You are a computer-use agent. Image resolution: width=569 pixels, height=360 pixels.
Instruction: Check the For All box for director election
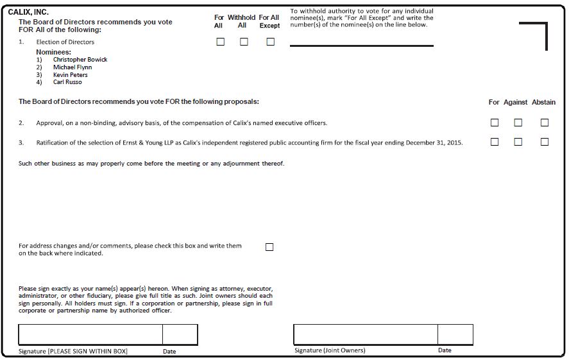pyautogui.click(x=220, y=42)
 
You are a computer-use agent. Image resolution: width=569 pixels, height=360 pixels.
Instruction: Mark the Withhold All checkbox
pyautogui.click(x=244, y=42)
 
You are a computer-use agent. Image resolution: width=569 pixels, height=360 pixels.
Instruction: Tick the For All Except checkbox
pyautogui.click(x=270, y=42)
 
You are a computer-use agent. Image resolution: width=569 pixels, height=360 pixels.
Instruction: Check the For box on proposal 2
pyautogui.click(x=494, y=123)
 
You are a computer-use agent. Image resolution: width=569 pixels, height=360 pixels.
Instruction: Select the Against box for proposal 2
pyautogui.click(x=518, y=123)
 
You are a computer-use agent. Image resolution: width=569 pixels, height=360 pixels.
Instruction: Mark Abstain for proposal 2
pyautogui.click(x=544, y=123)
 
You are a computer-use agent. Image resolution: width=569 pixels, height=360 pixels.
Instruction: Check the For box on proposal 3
pyautogui.click(x=494, y=142)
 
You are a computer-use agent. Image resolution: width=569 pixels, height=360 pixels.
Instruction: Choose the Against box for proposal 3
pyautogui.click(x=518, y=142)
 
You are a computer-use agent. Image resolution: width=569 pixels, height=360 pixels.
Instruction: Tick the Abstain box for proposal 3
pyautogui.click(x=544, y=142)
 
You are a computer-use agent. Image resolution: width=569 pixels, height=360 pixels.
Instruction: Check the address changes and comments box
pyautogui.click(x=269, y=247)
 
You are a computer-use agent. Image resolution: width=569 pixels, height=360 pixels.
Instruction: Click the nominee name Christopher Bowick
pyautogui.click(x=80, y=60)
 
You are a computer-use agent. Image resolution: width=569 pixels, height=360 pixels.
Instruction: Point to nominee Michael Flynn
pyautogui.click(x=72, y=67)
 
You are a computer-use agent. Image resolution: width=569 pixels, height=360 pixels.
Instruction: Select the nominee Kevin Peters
pyautogui.click(x=71, y=75)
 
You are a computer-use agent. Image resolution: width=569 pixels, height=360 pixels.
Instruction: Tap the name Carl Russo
pyautogui.click(x=67, y=82)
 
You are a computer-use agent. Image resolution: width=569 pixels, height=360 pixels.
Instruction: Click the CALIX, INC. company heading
pyautogui.click(x=28, y=12)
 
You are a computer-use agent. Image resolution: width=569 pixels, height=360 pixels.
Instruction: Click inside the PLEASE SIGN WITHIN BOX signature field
pyautogui.click(x=90, y=334)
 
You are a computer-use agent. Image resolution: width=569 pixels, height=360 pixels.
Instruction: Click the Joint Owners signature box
pyautogui.click(x=366, y=334)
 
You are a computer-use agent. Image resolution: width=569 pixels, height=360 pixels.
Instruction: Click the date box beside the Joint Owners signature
pyautogui.click(x=455, y=334)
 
